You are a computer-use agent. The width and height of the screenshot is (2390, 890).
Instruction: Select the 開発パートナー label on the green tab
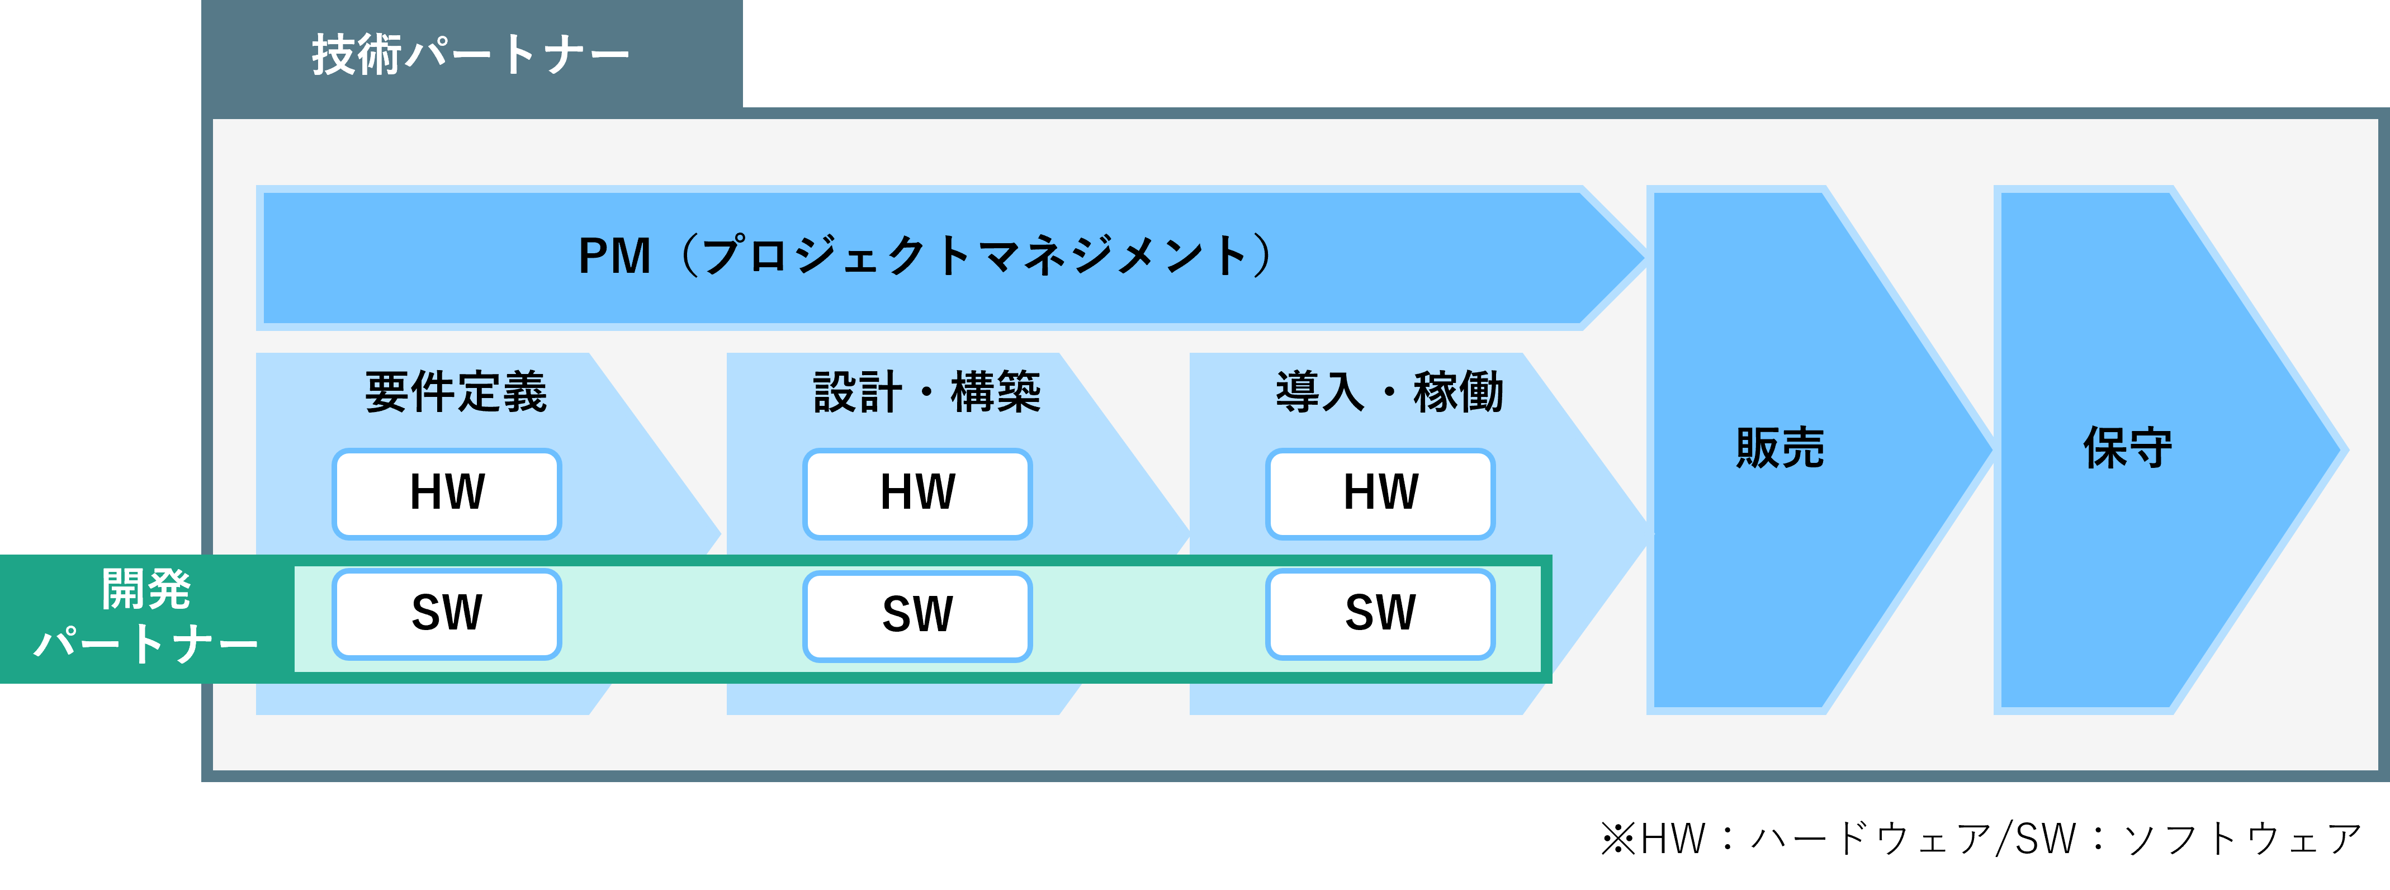(146, 617)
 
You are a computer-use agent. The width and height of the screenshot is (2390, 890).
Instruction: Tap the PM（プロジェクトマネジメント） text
(925, 256)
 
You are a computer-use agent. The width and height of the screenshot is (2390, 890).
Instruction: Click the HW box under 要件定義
(447, 494)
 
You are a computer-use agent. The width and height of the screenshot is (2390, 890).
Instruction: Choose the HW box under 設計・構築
(917, 494)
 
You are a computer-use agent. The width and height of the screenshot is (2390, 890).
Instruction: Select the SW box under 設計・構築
(917, 616)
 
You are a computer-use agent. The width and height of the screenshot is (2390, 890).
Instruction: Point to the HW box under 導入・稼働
(1380, 494)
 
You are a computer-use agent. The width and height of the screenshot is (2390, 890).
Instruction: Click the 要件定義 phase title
(456, 392)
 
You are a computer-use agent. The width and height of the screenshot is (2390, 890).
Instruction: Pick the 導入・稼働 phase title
(1390, 392)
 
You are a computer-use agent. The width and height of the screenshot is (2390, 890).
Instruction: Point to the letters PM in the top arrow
(614, 256)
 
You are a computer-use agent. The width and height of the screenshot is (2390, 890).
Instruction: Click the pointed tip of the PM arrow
(1645, 257)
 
